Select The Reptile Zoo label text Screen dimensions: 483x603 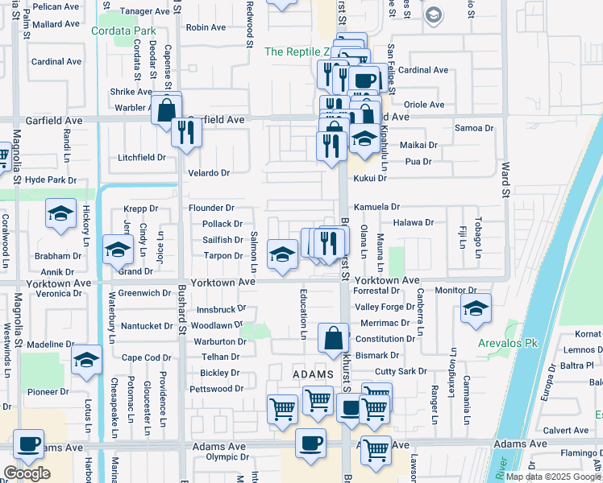point(299,52)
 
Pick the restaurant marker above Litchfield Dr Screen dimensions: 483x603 point(187,133)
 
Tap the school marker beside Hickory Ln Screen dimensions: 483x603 point(60,214)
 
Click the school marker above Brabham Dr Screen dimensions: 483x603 point(118,250)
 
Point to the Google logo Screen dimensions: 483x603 point(27,473)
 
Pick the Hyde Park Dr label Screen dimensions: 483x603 point(50,180)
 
